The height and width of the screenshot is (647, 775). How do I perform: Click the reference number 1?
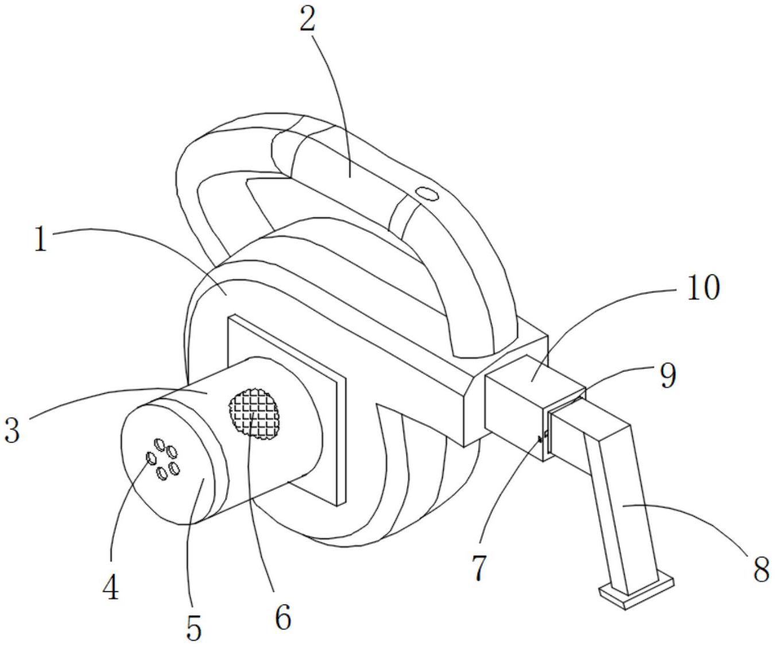40,240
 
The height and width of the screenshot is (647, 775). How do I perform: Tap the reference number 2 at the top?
308,20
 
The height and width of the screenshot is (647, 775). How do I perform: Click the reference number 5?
194,627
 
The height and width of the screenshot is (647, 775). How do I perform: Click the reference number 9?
667,376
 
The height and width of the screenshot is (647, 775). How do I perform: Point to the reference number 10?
702,286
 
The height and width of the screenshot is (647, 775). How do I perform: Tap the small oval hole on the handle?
427,193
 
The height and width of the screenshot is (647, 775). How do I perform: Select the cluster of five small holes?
162,459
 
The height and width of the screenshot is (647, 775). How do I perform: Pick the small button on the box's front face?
540,440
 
